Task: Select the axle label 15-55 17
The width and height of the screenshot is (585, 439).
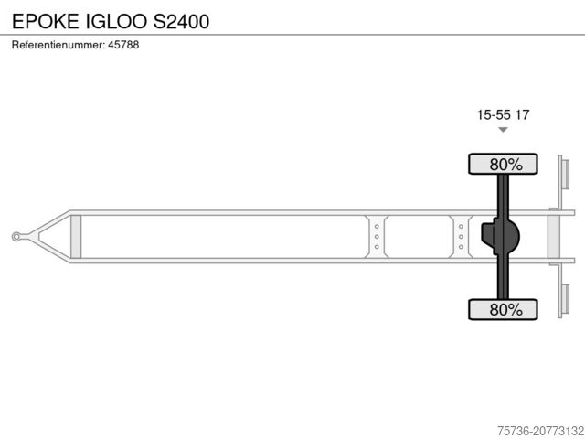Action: click(503, 114)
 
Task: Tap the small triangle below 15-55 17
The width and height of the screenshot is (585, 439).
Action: click(503, 130)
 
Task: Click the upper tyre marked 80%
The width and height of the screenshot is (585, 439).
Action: click(503, 165)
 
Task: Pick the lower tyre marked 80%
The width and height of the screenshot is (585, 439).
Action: click(503, 309)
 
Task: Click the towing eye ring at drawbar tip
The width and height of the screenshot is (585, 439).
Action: click(17, 237)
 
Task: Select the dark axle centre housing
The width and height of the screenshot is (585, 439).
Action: click(501, 237)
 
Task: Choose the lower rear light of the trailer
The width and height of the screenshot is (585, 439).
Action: click(564, 301)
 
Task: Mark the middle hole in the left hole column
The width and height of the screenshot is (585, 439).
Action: click(377, 237)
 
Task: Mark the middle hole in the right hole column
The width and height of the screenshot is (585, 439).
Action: click(461, 237)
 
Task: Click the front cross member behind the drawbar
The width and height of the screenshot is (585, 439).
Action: click(76, 237)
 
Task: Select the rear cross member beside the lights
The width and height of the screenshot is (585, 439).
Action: click(553, 237)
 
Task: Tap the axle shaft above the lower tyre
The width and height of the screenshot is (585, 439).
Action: click(503, 279)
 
